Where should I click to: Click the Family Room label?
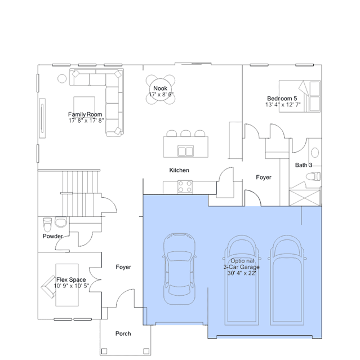pyautogui.click(x=85, y=114)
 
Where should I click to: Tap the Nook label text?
pyautogui.click(x=160, y=88)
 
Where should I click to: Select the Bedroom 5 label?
pyautogui.click(x=282, y=99)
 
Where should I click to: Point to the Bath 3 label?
pyautogui.click(x=304, y=165)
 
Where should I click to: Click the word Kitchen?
pyautogui.click(x=179, y=170)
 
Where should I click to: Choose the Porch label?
pyautogui.click(x=123, y=334)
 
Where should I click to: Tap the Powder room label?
pyautogui.click(x=52, y=236)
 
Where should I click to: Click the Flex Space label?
pyautogui.click(x=71, y=279)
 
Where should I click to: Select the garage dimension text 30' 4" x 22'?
pyautogui.click(x=242, y=273)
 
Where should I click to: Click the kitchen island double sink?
pyautogui.click(x=186, y=152)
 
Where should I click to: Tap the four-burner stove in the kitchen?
pyautogui.click(x=185, y=186)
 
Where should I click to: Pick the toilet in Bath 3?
pyautogui.click(x=313, y=176)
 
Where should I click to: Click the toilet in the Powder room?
pyautogui.click(x=47, y=225)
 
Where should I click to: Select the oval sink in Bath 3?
pyautogui.click(x=315, y=153)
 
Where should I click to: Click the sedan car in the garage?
pyautogui.click(x=179, y=269)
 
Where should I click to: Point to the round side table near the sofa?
pyautogui.click(x=62, y=79)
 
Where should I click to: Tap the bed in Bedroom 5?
pyautogui.click(x=300, y=96)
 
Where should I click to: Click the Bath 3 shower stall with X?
pyautogui.click(x=305, y=197)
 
